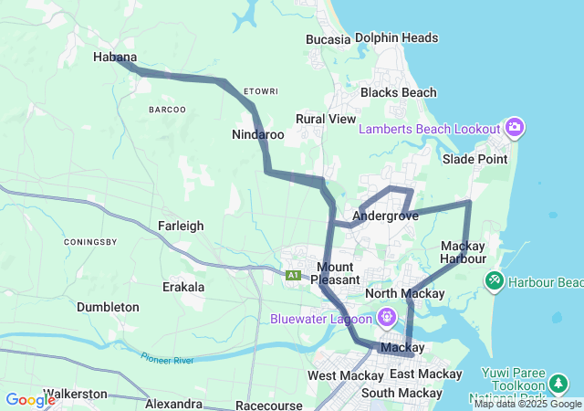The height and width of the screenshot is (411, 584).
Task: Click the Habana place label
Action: pos(115,56)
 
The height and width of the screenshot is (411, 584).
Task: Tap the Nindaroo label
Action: pos(258,134)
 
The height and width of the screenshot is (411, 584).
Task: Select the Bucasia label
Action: pos(328,39)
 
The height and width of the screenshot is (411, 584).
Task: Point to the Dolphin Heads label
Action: pos(396,38)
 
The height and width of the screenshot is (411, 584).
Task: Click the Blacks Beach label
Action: pos(398,92)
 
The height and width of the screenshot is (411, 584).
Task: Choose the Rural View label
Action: pos(326,119)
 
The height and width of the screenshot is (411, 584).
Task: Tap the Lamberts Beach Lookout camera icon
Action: pos(515,128)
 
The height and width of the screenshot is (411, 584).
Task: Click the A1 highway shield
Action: pos(293,275)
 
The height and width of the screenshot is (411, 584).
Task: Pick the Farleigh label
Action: pos(181,226)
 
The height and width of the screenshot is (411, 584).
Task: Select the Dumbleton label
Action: pos(108,307)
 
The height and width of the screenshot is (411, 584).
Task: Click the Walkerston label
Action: pos(75,394)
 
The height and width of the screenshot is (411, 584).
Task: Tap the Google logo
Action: pos(29,400)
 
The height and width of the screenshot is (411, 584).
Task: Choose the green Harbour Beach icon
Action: pos(495,279)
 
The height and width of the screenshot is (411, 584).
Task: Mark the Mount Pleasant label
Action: pos(338,272)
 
